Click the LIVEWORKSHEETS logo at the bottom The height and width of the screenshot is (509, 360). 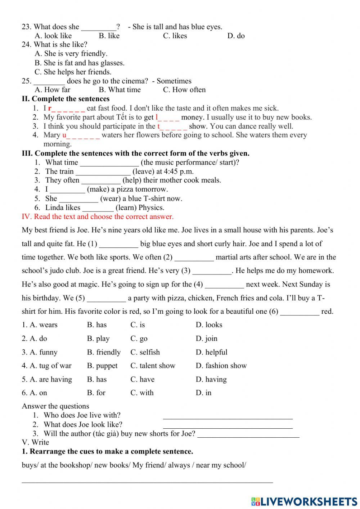pyautogui.click(x=304, y=501)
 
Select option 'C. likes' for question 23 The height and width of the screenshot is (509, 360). pyautogui.click(x=175, y=36)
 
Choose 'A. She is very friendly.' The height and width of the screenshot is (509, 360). pyautogui.click(x=71, y=54)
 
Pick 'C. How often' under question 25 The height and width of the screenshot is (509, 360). pyautogui.click(x=184, y=90)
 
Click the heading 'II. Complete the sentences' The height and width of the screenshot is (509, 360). pyautogui.click(x=66, y=99)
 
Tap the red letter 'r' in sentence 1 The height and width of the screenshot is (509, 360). pyautogui.click(x=50, y=108)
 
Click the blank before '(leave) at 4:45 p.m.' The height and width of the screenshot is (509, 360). pyautogui.click(x=103, y=172)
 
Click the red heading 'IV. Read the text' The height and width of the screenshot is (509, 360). pyautogui.click(x=98, y=216)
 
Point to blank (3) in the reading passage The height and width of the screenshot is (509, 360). pyautogui.click(x=212, y=271)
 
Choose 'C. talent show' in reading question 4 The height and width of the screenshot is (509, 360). pyautogui.click(x=153, y=366)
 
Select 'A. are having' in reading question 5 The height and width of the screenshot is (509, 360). pyautogui.click(x=47, y=379)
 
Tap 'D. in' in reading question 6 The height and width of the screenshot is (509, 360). pyautogui.click(x=203, y=393)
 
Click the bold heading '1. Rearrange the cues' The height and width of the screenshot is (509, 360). pyautogui.click(x=107, y=451)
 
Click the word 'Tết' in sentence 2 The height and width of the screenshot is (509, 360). pyautogui.click(x=122, y=117)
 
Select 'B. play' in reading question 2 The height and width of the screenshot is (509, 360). pyautogui.click(x=98, y=339)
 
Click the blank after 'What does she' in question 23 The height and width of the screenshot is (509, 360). pyautogui.click(x=99, y=27)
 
